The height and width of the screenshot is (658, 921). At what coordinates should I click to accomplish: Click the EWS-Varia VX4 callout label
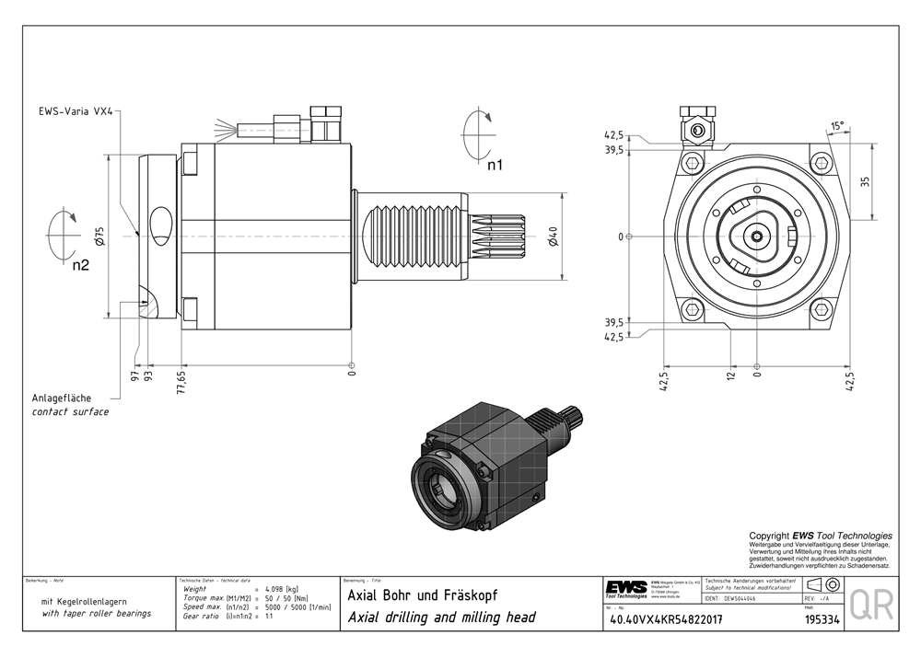[76, 110]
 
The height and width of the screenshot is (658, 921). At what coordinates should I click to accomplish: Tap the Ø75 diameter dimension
[99, 236]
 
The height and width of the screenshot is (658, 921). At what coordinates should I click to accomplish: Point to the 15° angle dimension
[836, 125]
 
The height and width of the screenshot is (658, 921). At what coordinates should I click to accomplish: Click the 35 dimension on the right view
[864, 180]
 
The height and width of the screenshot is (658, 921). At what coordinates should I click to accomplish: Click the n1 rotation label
[495, 167]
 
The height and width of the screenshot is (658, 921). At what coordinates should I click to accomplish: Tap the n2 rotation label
[81, 268]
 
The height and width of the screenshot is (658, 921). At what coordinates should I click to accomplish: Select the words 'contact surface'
[70, 411]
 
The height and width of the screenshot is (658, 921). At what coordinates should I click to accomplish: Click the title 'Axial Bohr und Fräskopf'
[422, 595]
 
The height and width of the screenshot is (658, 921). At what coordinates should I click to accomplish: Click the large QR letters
[870, 606]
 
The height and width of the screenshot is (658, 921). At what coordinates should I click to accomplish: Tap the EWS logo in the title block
[626, 589]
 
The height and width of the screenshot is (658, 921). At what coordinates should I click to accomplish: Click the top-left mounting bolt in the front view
[692, 165]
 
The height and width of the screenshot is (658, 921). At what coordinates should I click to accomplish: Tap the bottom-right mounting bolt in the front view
[822, 308]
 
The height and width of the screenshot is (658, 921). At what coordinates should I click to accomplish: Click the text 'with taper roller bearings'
[97, 613]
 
